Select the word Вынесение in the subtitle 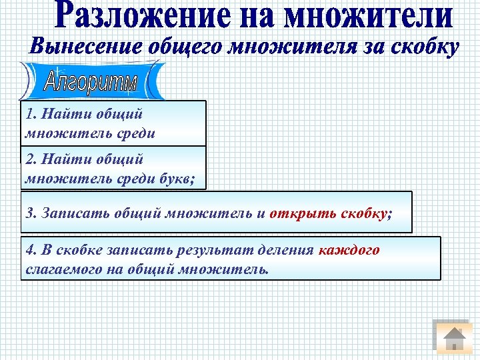pos(82,48)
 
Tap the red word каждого pos(349,251)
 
